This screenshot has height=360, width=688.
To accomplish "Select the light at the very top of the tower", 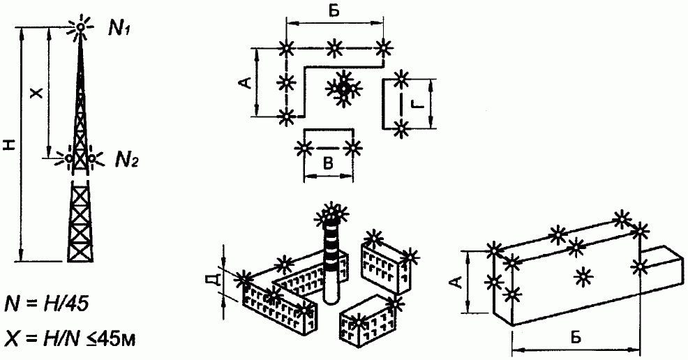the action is coord(80,27).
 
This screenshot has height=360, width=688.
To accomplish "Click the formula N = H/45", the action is coord(47,303).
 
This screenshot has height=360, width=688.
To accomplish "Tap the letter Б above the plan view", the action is coord(334,11).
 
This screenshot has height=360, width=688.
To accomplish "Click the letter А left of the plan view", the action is coord(246,82).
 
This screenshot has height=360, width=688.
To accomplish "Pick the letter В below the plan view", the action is coord(328,163).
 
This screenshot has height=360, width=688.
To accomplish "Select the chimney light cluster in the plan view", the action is coord(343,89).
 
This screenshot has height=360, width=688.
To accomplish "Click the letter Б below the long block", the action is coord(576,337).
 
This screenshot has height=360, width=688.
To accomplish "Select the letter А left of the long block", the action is coord(458,283).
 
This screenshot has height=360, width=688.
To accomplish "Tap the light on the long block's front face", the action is coord(583,276).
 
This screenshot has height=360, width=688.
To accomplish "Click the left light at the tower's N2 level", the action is coord(68,158).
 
